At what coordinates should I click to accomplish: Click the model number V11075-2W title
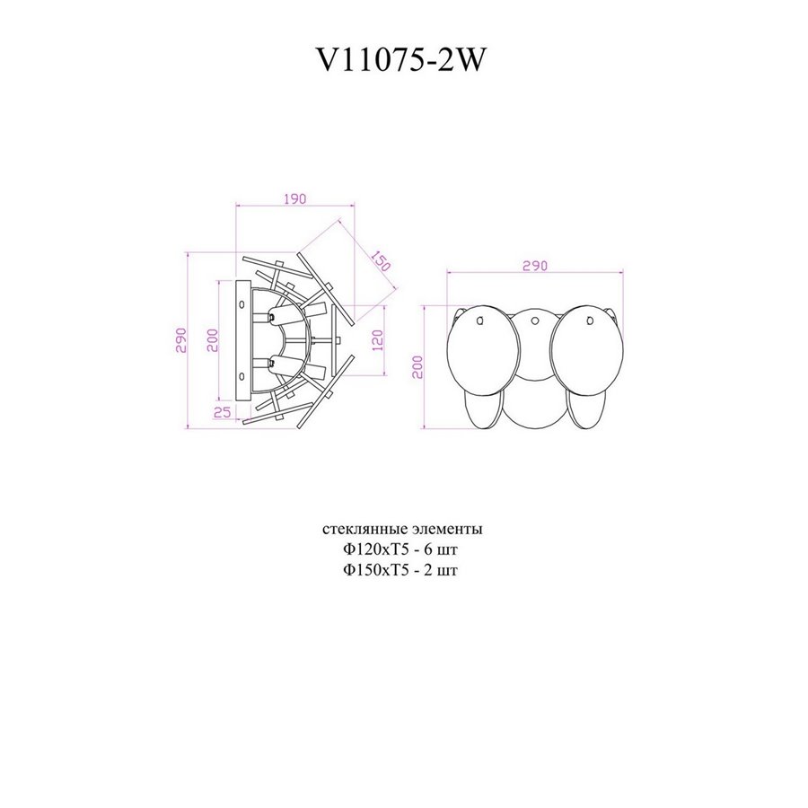tap(400, 61)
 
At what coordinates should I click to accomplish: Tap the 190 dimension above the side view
tap(294, 199)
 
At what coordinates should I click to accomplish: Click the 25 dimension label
tap(222, 412)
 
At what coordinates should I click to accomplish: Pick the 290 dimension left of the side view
tap(180, 340)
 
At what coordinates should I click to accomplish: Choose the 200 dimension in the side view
tap(212, 340)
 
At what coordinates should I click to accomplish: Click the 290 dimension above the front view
tap(535, 266)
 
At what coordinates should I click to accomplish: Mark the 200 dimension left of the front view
tap(417, 367)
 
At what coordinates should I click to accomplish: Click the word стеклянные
tap(366, 529)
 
